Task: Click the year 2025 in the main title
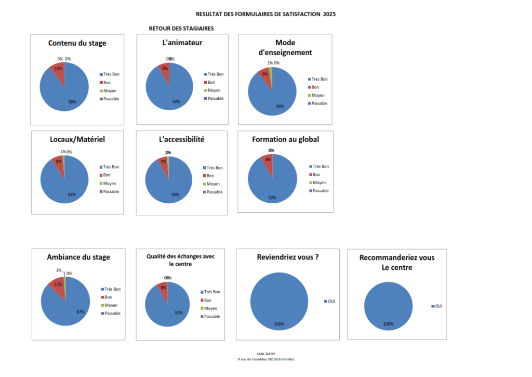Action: (x=329, y=15)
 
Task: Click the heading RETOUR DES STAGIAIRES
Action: (x=181, y=28)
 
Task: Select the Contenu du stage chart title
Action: (x=77, y=43)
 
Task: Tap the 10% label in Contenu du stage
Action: (x=58, y=69)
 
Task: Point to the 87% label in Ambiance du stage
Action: (x=80, y=312)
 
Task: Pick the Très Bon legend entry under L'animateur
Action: (x=213, y=74)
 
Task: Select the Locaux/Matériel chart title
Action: (x=77, y=139)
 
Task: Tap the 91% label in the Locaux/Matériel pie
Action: (x=72, y=195)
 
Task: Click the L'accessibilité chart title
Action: (x=181, y=139)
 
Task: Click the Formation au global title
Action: (x=285, y=139)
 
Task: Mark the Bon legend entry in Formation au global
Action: (x=316, y=175)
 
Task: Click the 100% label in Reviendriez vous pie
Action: (x=279, y=324)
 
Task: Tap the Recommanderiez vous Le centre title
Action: (x=397, y=263)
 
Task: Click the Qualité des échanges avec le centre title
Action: (x=180, y=260)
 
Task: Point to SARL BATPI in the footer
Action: (x=266, y=353)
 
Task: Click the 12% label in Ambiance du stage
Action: (x=58, y=284)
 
